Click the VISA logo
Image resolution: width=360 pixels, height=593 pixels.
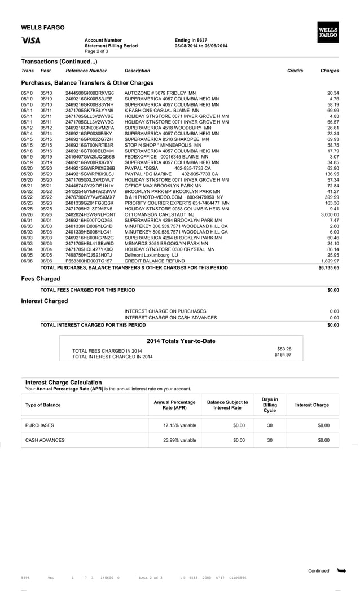(x=30, y=41)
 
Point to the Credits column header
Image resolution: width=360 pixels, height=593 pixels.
(x=295, y=71)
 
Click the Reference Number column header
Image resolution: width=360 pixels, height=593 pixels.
(x=86, y=71)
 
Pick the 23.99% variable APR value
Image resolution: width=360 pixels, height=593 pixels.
(x=179, y=440)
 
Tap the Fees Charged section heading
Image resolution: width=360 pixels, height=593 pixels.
(x=41, y=279)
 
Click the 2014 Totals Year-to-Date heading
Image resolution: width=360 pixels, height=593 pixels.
(x=181, y=341)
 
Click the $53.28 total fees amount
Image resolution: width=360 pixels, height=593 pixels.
(x=284, y=349)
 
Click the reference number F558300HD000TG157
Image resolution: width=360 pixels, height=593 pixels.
(x=89, y=261)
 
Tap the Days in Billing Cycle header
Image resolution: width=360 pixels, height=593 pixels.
(x=270, y=405)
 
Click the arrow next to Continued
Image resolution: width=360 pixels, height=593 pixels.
(x=341, y=571)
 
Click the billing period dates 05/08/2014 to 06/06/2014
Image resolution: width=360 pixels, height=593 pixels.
(x=201, y=46)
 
